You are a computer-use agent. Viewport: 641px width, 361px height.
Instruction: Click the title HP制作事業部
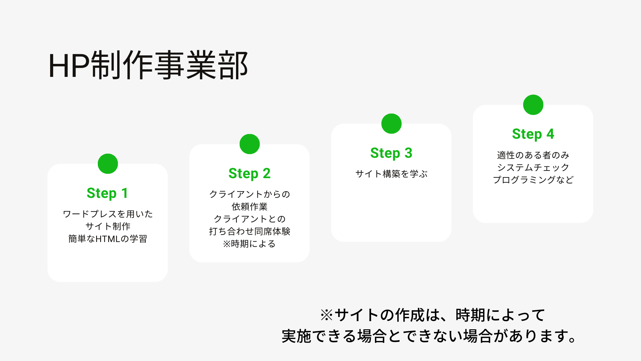(x=148, y=65)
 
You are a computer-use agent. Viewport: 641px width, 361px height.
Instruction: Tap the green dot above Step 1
(x=108, y=164)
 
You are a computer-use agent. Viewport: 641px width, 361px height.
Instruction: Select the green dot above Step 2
(x=250, y=144)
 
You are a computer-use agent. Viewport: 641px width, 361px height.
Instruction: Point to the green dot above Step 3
(x=391, y=124)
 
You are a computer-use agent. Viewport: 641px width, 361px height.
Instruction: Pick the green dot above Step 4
(x=533, y=105)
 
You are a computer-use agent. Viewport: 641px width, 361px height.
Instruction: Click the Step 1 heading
(x=108, y=193)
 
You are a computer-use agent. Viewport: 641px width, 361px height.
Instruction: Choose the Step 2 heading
(x=249, y=173)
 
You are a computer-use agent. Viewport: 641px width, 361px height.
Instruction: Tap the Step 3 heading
(x=391, y=153)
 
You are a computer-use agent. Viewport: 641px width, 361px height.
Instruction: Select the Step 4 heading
(x=533, y=134)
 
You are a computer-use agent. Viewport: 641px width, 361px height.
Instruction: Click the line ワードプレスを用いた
(x=108, y=214)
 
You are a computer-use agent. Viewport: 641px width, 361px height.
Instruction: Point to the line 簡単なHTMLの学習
(x=108, y=239)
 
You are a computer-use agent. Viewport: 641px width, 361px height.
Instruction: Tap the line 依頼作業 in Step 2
(x=250, y=207)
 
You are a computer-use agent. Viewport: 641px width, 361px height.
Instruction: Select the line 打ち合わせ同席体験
(x=250, y=231)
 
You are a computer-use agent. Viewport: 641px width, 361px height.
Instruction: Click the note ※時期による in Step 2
(x=249, y=244)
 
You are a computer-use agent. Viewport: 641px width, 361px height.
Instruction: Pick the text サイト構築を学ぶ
(x=391, y=174)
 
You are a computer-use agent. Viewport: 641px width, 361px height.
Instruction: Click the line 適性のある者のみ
(x=533, y=155)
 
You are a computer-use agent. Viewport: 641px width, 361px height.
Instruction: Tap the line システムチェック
(x=533, y=167)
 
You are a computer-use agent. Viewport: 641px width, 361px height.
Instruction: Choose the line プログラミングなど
(x=533, y=180)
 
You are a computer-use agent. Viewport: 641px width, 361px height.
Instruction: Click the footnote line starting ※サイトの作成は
(x=433, y=315)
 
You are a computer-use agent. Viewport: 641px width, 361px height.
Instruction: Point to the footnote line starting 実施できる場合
(x=429, y=336)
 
